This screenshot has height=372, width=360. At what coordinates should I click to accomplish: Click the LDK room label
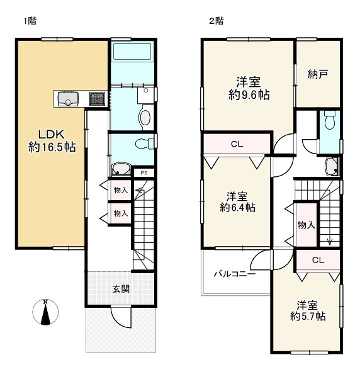point(52,135)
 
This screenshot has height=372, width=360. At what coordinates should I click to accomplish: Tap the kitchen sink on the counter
point(68,99)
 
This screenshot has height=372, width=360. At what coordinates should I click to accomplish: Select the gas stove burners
point(97,99)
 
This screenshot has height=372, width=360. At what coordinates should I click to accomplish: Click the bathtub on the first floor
point(132,52)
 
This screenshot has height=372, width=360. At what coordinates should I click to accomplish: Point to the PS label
point(144,172)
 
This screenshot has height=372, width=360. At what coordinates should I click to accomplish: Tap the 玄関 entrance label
point(121,289)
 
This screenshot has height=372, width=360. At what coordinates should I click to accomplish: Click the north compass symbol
point(45,312)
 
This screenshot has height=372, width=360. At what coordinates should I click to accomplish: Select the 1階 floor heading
point(30,21)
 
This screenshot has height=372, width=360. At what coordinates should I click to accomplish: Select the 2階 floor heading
point(217,21)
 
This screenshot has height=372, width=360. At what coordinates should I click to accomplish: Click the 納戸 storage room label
point(318,74)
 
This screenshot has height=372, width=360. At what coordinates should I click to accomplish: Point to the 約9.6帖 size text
point(249,95)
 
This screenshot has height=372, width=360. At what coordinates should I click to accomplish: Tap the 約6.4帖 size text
point(237,208)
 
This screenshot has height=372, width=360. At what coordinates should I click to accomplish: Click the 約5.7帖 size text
point(308,316)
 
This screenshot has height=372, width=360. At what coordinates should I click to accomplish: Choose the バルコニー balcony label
point(235,274)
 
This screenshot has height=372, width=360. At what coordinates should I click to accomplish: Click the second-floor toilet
point(329,120)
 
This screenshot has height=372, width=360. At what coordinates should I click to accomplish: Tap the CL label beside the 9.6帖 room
point(237,144)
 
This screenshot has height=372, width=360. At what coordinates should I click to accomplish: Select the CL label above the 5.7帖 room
point(318,260)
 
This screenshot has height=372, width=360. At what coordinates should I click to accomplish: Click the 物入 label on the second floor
point(306,225)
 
